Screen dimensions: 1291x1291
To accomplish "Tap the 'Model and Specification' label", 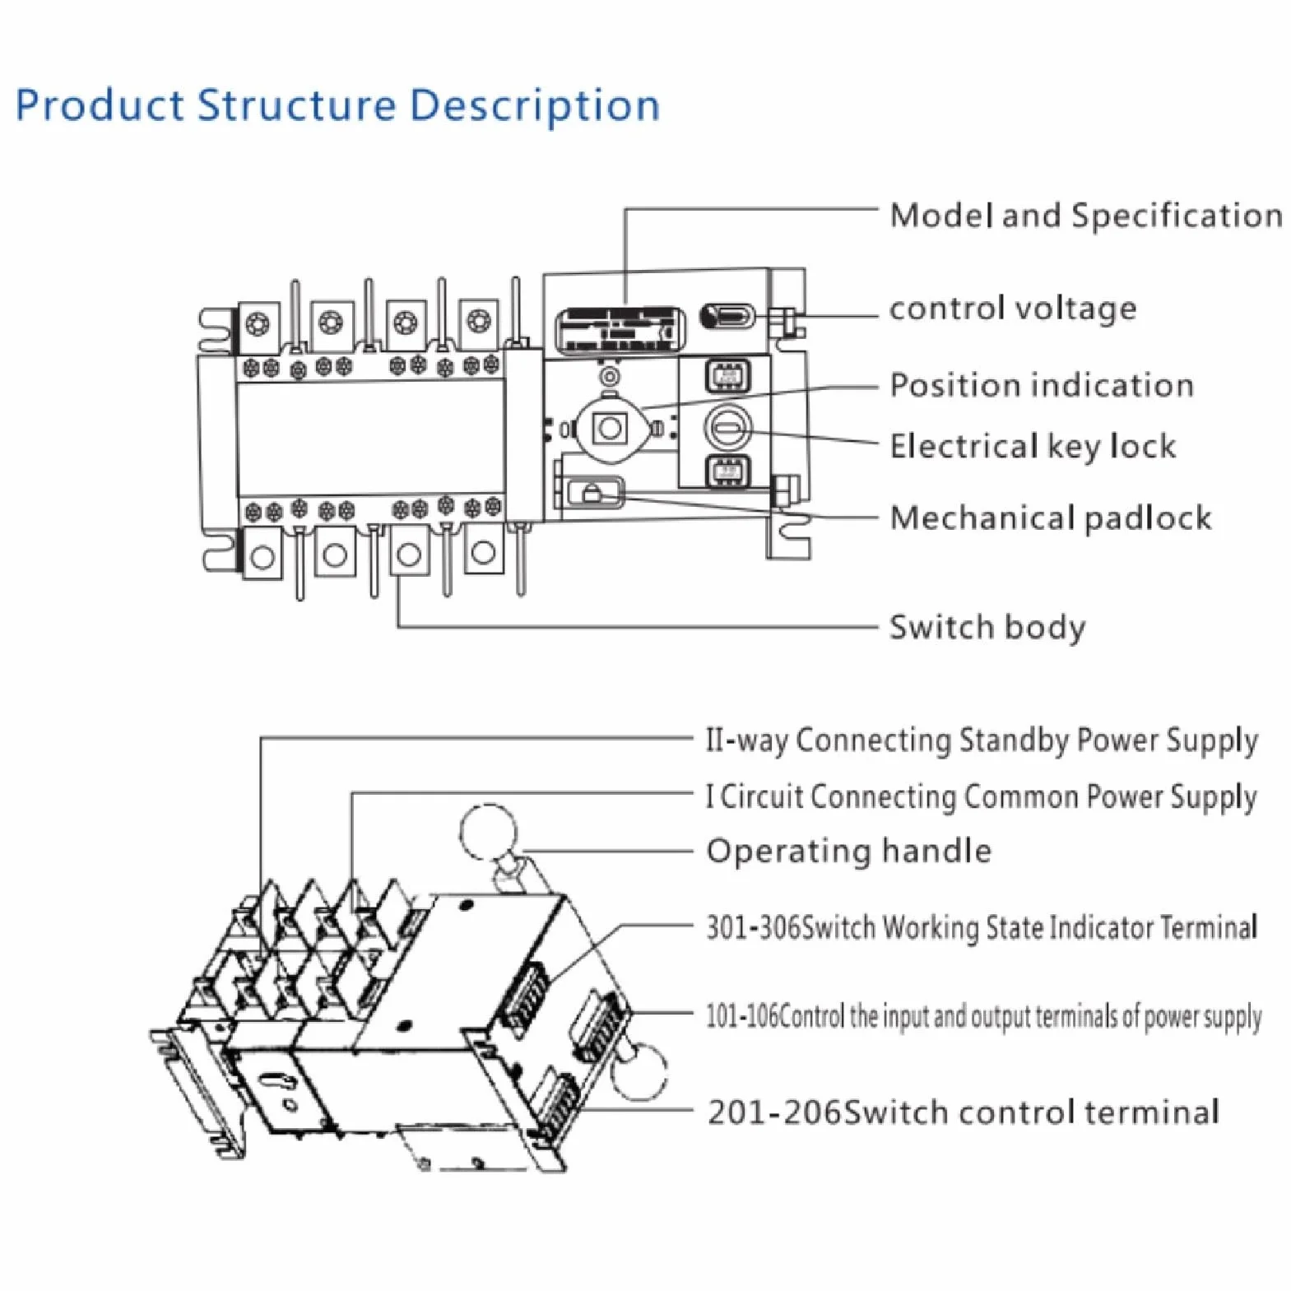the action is pyautogui.click(x=1086, y=216).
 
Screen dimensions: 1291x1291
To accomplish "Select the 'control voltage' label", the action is pyautogui.click(x=1013, y=309).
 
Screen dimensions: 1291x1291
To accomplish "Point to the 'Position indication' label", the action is pyautogui.click(x=1042, y=385).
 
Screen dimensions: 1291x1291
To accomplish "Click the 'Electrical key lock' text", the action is pyautogui.click(x=1033, y=446).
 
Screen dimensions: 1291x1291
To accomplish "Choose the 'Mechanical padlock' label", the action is pyautogui.click(x=1051, y=518).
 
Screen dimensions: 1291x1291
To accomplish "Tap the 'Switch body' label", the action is pyautogui.click(x=987, y=628).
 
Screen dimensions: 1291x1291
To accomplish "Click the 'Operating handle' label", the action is pyautogui.click(x=849, y=851).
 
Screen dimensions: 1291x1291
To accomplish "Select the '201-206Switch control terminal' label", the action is pyautogui.click(x=964, y=1112).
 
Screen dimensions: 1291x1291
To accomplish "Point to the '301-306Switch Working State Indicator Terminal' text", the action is pyautogui.click(x=982, y=927).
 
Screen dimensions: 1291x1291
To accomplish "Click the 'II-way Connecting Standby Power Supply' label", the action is pyautogui.click(x=982, y=741).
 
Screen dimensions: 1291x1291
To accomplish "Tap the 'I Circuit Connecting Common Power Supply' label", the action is pyautogui.click(x=982, y=797).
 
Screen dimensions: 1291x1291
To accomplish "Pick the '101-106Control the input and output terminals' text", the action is pyautogui.click(x=983, y=1017).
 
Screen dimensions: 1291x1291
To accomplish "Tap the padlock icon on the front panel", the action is pyautogui.click(x=591, y=494).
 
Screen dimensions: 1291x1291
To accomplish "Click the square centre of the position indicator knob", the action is pyautogui.click(x=611, y=428).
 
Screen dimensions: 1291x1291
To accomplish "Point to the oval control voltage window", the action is pyautogui.click(x=727, y=316).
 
